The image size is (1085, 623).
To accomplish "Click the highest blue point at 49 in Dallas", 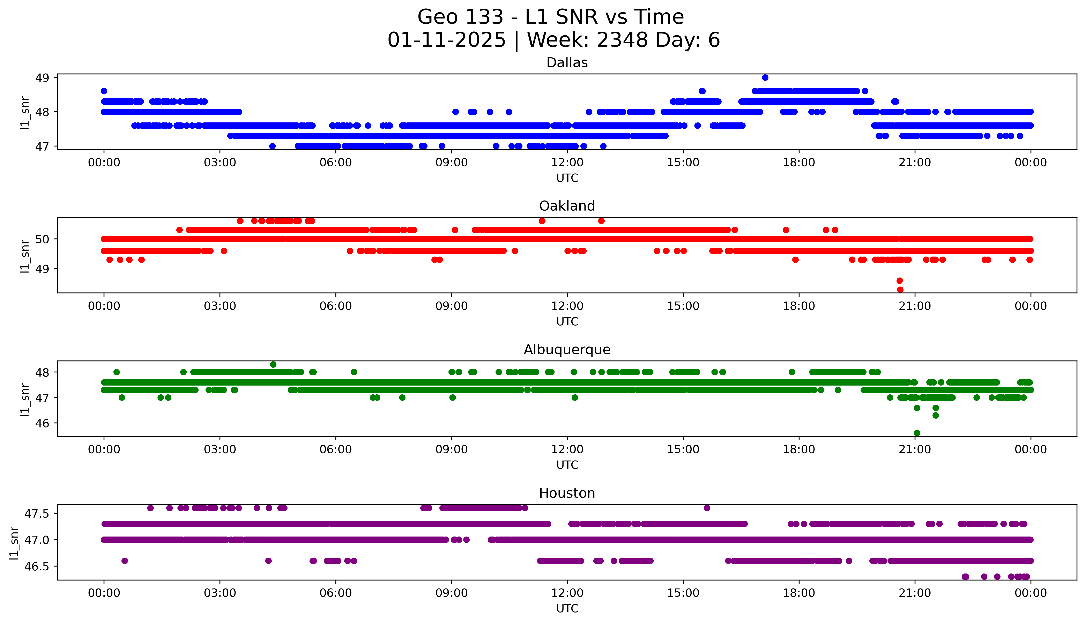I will point(765,77).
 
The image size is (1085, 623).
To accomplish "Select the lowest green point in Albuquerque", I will point(917,433).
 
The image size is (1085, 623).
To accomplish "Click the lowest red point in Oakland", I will point(900,290).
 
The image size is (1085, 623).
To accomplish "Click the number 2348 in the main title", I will point(622,40).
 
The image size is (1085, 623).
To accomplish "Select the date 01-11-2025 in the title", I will point(446,40).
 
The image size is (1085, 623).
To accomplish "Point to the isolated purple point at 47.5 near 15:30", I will point(707,508).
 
